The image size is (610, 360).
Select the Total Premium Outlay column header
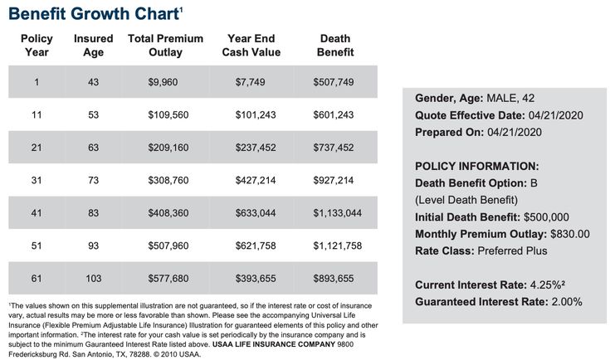click(x=165, y=45)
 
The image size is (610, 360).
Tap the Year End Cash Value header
click(x=251, y=45)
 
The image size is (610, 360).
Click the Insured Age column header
click(x=93, y=45)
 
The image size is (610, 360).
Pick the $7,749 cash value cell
click(x=250, y=82)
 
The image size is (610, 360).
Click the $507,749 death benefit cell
click(x=334, y=82)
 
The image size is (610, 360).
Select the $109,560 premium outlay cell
click(x=168, y=114)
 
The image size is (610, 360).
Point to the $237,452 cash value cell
click(x=256, y=148)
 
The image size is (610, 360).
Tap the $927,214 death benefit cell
click(x=334, y=180)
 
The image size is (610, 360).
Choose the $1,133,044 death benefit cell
click(x=337, y=212)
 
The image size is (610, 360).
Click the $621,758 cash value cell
click(x=256, y=246)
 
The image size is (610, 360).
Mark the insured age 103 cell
click(x=93, y=279)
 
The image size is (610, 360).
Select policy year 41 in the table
click(x=37, y=212)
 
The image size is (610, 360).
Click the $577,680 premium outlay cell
click(x=168, y=279)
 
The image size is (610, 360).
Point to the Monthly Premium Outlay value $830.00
click(x=570, y=234)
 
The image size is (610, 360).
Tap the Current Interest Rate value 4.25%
click(x=546, y=285)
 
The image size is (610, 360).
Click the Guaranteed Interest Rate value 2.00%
click(x=567, y=302)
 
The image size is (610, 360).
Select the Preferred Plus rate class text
click(x=512, y=251)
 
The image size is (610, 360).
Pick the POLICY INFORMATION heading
click(x=477, y=166)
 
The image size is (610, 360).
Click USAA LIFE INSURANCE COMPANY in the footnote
click(x=274, y=344)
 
